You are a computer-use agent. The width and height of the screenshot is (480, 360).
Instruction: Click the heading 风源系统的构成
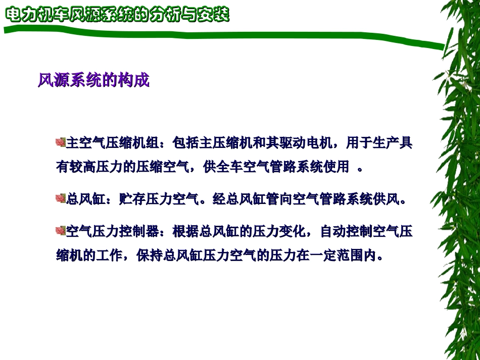tap(94, 80)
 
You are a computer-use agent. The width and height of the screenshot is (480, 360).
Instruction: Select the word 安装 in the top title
tap(215, 15)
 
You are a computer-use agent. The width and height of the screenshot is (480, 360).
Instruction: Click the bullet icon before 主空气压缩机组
tap(61, 143)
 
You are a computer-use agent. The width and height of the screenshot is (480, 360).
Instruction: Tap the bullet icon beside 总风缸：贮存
tap(61, 198)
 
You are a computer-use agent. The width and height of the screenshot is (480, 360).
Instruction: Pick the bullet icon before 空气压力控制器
tap(61, 231)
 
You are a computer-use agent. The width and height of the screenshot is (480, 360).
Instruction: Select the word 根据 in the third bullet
tap(186, 232)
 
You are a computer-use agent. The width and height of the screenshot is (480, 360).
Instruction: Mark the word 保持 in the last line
tap(148, 255)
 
